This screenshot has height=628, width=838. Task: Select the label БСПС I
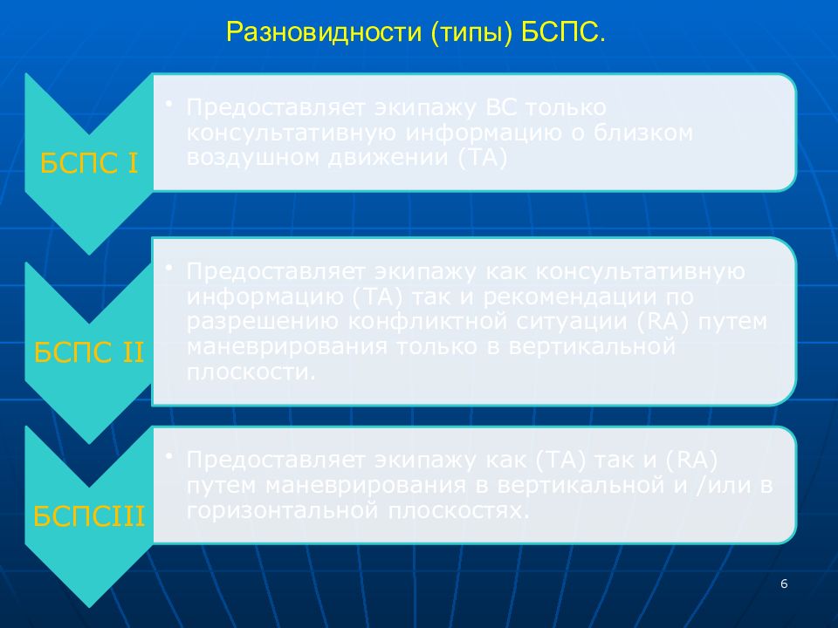point(89,163)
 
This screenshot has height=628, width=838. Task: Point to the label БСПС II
point(89,352)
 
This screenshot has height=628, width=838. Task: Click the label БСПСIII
point(89,515)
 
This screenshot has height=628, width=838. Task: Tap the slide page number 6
point(784,584)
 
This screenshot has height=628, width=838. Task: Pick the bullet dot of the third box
point(168,455)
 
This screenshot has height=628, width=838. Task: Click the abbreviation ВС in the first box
point(501,107)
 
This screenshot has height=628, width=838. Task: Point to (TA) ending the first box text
point(483,158)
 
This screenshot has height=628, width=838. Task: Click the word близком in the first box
point(643,133)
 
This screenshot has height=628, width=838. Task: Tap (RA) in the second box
point(663,322)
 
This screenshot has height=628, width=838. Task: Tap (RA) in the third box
point(691,461)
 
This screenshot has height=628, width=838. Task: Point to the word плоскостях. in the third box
point(458,511)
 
